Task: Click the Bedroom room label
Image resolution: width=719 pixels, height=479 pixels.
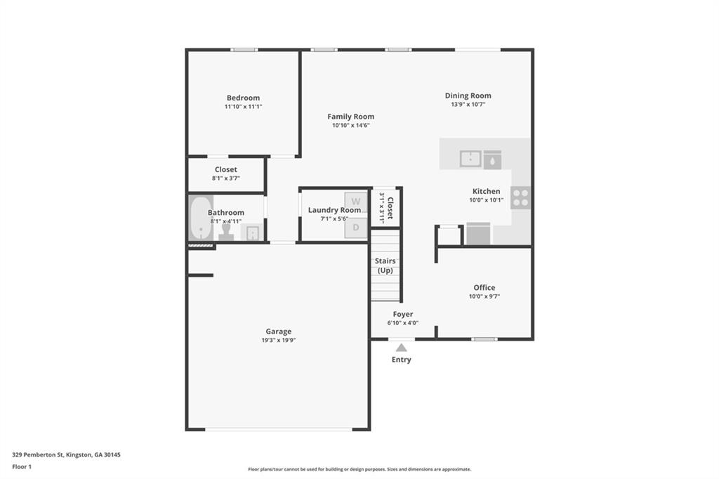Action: pyautogui.click(x=243, y=98)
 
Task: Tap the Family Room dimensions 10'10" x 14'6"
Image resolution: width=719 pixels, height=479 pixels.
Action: pyautogui.click(x=351, y=126)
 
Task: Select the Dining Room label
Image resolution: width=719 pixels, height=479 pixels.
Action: pyautogui.click(x=468, y=96)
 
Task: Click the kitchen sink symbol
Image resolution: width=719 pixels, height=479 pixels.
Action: pyautogui.click(x=470, y=159)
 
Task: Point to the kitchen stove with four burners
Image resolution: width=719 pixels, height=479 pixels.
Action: pyautogui.click(x=520, y=198)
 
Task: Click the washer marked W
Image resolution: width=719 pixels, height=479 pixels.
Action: pyautogui.click(x=356, y=202)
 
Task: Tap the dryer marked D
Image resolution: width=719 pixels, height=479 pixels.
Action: pyautogui.click(x=356, y=228)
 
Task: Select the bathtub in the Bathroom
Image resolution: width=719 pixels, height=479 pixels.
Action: pyautogui.click(x=199, y=218)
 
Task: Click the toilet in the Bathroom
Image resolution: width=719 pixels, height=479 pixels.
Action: pyautogui.click(x=226, y=232)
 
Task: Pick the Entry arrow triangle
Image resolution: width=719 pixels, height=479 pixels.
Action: pyautogui.click(x=401, y=347)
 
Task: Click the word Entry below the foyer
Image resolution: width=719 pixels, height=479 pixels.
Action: pyautogui.click(x=401, y=360)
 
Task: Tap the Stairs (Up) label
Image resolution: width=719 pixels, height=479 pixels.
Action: pyautogui.click(x=385, y=265)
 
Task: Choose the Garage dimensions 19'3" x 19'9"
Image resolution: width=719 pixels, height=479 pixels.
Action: pyautogui.click(x=278, y=341)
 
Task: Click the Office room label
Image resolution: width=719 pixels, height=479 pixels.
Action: pyautogui.click(x=484, y=287)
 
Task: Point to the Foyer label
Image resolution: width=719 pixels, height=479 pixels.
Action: pyautogui.click(x=402, y=314)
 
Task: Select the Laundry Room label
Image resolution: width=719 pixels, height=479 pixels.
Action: pyautogui.click(x=334, y=210)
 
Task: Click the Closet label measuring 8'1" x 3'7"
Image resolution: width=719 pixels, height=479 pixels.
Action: pyautogui.click(x=225, y=169)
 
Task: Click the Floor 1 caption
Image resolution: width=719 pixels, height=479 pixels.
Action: pyautogui.click(x=22, y=466)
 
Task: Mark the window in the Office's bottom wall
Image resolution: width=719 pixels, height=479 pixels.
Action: pyautogui.click(x=484, y=339)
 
